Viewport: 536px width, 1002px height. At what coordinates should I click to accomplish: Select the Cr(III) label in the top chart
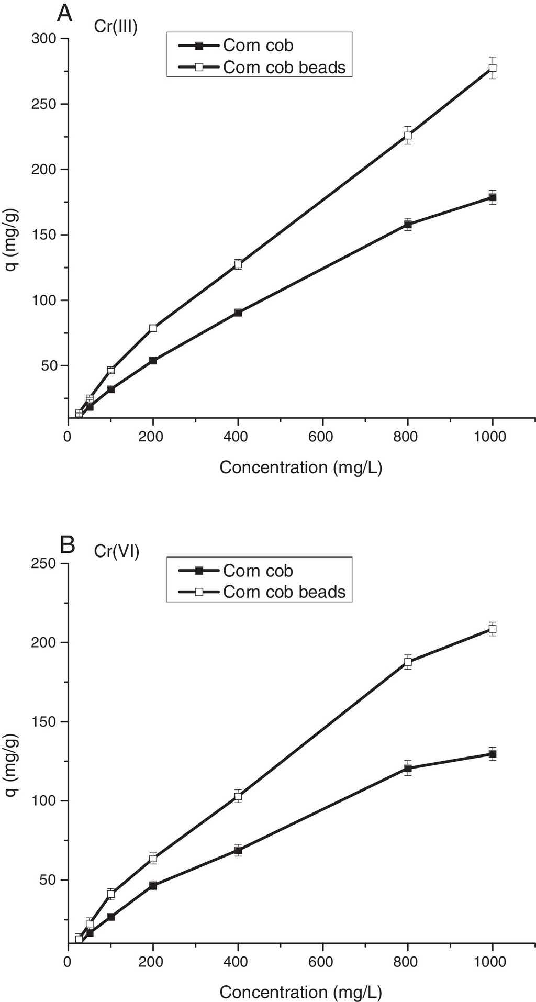click(x=116, y=26)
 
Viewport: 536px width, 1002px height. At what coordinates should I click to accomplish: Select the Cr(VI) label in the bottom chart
click(x=117, y=551)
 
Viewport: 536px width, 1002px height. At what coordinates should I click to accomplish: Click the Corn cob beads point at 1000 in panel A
click(x=493, y=68)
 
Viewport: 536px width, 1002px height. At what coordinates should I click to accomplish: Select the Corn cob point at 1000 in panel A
click(x=493, y=197)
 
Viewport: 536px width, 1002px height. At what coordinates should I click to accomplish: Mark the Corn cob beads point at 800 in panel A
click(x=408, y=136)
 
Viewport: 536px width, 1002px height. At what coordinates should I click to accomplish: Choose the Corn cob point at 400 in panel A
click(x=238, y=313)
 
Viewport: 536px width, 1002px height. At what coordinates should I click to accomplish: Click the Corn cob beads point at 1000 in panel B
click(x=493, y=629)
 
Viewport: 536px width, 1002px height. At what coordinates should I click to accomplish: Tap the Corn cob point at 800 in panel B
click(x=408, y=769)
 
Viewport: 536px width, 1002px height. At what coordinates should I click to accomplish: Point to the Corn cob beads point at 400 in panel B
click(x=238, y=796)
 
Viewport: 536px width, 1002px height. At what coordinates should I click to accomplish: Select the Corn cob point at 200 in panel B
click(x=153, y=885)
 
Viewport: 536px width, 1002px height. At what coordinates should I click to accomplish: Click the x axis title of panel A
click(x=301, y=467)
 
